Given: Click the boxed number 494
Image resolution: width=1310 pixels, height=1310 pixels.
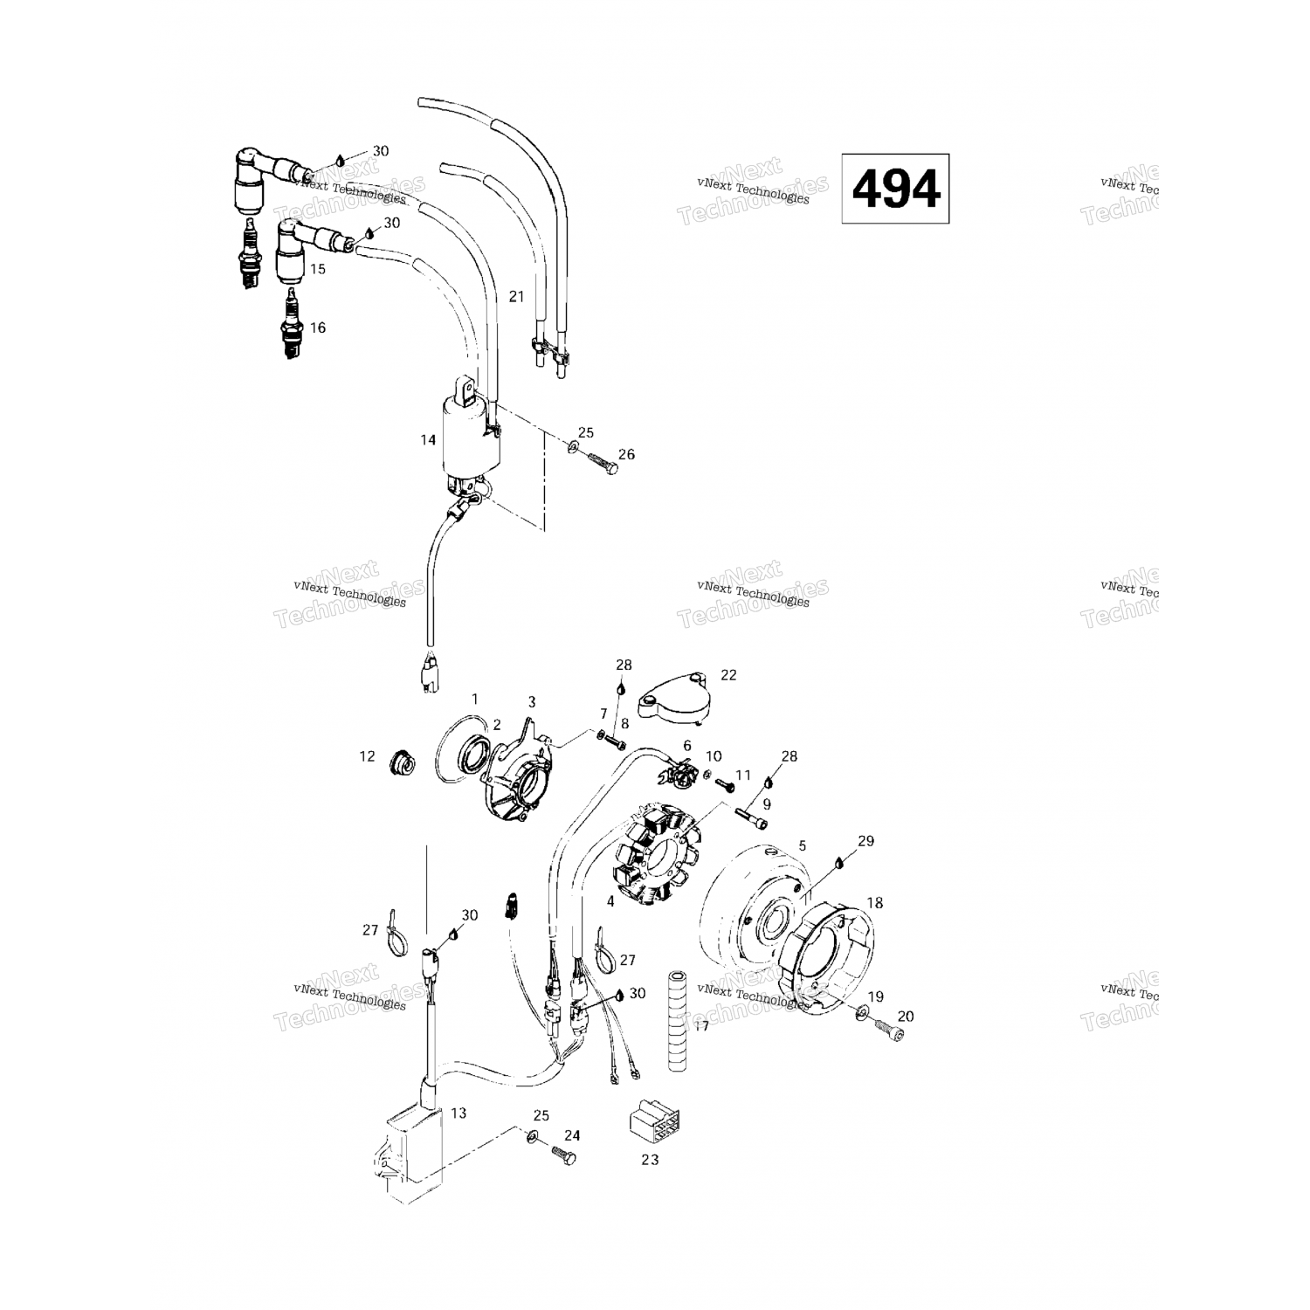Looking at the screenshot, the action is pyautogui.click(x=895, y=189).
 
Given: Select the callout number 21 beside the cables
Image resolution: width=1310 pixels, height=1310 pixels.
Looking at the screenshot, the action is pyautogui.click(x=516, y=297).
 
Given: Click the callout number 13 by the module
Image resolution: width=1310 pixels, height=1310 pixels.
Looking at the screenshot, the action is pyautogui.click(x=458, y=1113).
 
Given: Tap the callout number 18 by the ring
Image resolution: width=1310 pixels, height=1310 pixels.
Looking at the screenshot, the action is pyautogui.click(x=874, y=902).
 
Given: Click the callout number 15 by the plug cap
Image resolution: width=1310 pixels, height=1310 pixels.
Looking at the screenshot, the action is pyautogui.click(x=317, y=269).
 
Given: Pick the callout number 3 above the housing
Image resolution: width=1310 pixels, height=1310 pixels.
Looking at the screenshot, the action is pyautogui.click(x=531, y=701).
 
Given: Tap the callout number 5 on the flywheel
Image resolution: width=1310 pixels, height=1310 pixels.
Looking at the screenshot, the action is pyautogui.click(x=802, y=845).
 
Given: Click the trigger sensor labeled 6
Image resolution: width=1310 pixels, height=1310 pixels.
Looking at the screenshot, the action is pyautogui.click(x=679, y=773).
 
